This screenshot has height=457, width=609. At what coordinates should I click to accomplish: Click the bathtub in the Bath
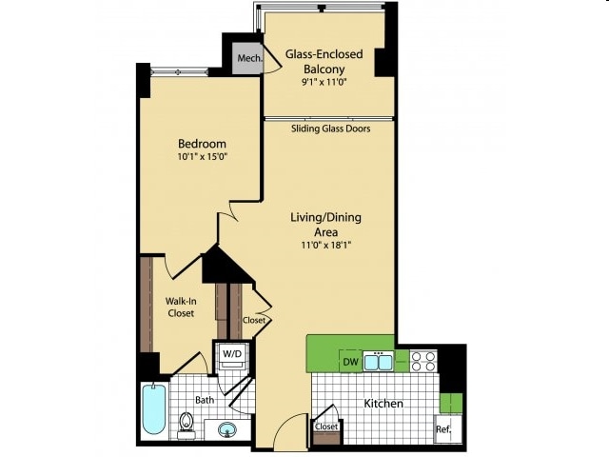point(154,408)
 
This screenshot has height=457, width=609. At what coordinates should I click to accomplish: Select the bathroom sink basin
point(227,429)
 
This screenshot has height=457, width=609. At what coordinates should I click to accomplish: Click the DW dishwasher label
point(351,362)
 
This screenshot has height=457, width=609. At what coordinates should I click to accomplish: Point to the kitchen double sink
point(378,362)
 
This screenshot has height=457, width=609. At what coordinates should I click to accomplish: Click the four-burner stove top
point(423,361)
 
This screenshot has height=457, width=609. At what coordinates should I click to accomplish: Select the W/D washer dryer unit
point(232,355)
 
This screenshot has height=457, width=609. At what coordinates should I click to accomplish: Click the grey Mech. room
point(247,58)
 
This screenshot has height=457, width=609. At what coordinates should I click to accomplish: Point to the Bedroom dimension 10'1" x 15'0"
point(202,157)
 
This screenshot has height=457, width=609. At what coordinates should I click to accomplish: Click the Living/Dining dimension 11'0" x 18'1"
point(325,246)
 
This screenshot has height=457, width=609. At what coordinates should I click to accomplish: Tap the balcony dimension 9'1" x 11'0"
point(324,83)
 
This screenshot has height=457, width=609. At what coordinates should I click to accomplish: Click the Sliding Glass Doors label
point(330,129)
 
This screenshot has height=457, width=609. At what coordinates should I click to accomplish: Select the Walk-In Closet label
point(181,307)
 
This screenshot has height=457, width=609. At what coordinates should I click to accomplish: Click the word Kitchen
point(383,404)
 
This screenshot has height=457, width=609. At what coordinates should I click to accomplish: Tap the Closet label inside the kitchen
point(326,427)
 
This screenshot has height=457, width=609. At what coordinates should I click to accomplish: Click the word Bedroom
point(202,144)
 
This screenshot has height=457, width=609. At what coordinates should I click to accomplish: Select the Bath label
point(205,400)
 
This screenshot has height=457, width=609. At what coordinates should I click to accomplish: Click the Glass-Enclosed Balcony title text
point(324,61)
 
